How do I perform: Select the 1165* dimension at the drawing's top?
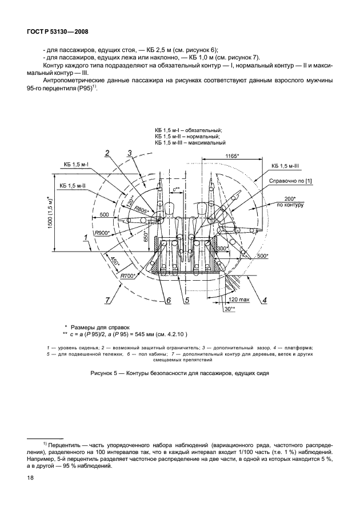[231, 156]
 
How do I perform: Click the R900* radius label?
[103, 233]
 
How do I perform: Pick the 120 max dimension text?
[237, 299]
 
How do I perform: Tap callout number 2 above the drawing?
[106, 152]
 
